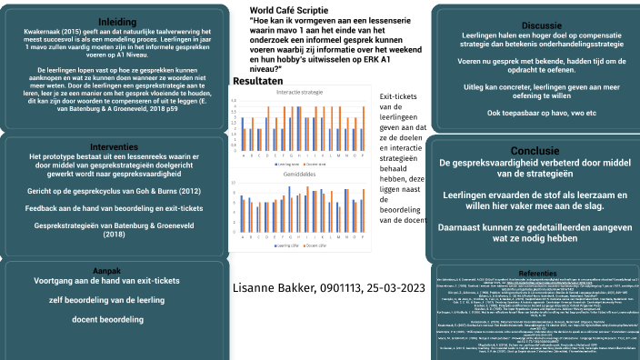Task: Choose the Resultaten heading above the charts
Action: pyautogui.click(x=258, y=82)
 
